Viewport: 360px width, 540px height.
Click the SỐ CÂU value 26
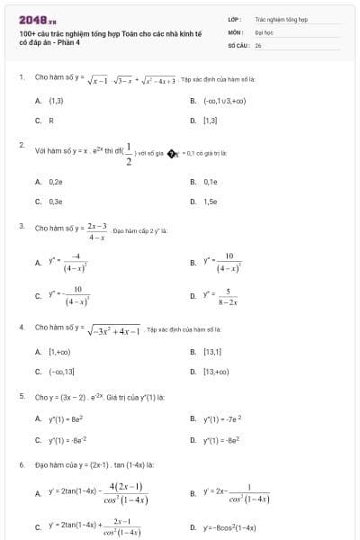[258, 44]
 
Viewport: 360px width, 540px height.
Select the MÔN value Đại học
[263, 31]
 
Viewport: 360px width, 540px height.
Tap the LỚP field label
[233, 18]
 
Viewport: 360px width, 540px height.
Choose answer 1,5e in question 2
[211, 202]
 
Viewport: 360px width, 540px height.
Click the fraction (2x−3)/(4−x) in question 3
[97, 231]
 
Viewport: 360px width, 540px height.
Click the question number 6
[21, 464]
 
